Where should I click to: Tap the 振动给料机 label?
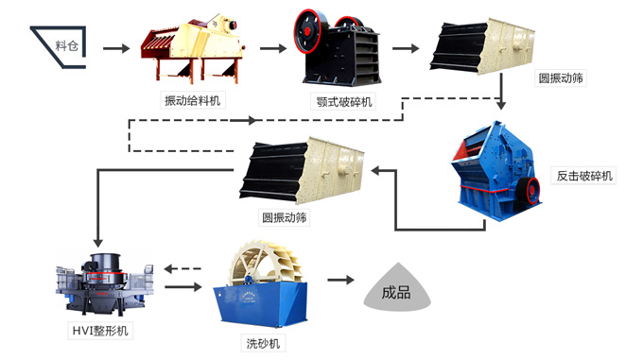(x=194, y=99)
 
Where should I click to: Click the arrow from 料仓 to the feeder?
(x=114, y=45)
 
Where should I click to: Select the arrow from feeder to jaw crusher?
(x=271, y=45)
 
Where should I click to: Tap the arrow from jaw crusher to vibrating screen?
(x=405, y=45)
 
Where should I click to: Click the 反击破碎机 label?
(x=583, y=176)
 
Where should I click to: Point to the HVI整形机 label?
(x=100, y=331)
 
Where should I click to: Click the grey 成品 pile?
(x=397, y=293)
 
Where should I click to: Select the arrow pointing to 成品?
(x=340, y=281)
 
